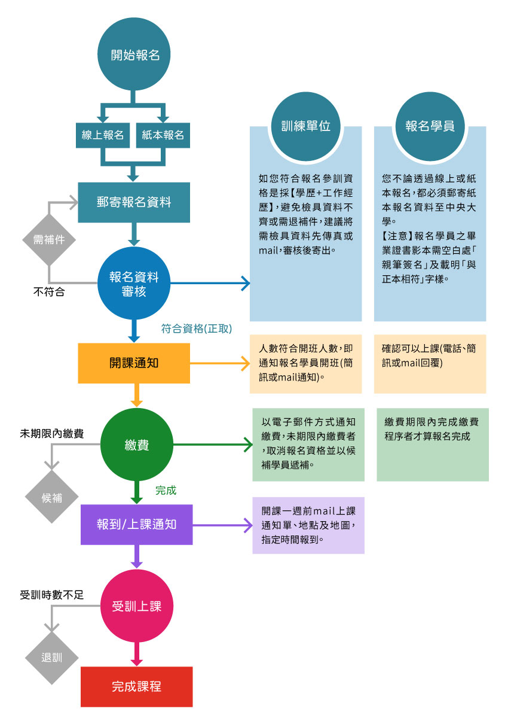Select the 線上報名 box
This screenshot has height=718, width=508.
103,135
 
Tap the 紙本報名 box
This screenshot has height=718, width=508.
163,135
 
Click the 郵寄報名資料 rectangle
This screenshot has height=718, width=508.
134,202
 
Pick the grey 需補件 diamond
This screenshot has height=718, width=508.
49,240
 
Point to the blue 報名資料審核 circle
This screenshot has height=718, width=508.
134,284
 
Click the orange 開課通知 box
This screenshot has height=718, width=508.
134,363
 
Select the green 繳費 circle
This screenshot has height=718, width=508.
137,445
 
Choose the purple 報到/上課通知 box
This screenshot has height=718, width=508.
137,525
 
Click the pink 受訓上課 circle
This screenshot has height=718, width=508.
137,606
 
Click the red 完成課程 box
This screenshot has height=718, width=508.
137,687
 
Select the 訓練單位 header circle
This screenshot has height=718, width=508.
305,127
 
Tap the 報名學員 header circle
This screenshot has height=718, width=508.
430,127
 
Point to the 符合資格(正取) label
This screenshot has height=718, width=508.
197,328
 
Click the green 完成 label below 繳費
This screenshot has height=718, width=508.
166,491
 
